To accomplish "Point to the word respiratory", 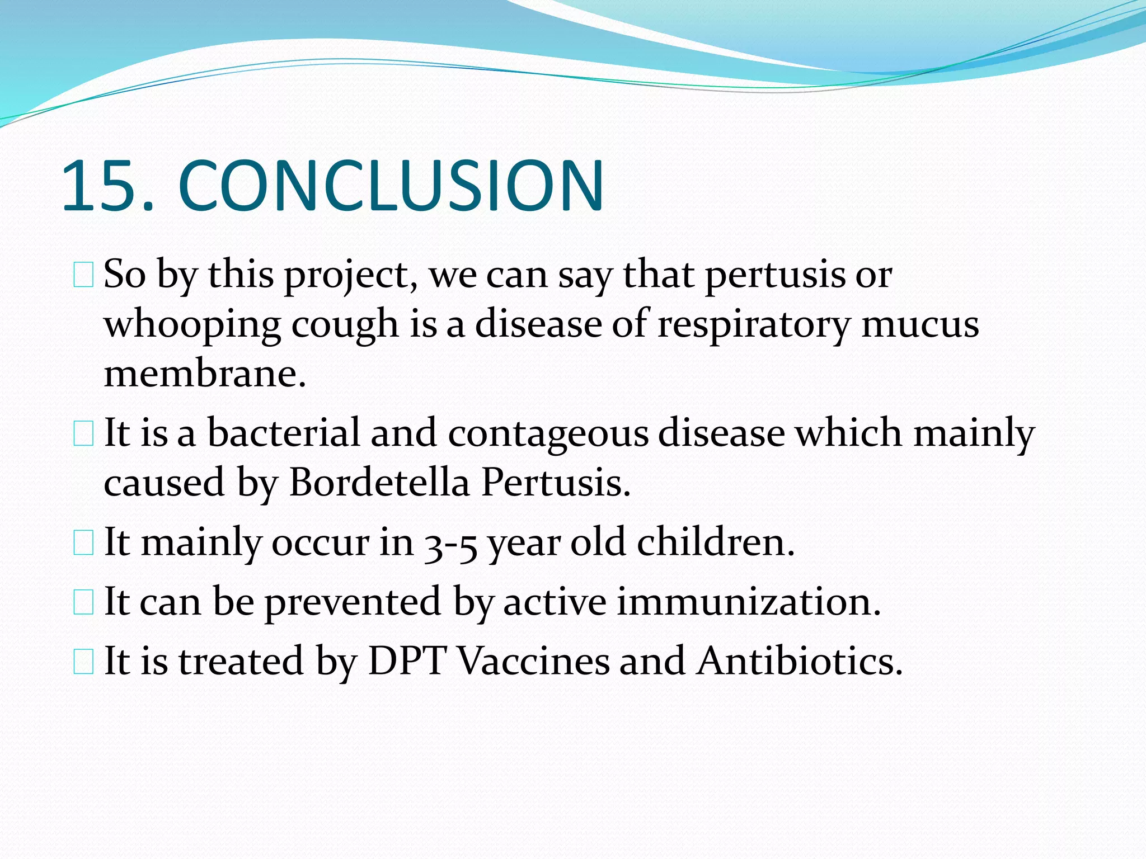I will pos(753,325).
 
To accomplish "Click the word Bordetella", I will pos(379,483).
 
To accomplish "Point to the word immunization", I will pos(748,602).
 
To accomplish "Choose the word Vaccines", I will pos(533,662).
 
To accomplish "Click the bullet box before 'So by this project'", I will pos(83,276).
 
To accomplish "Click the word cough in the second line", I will pos(345,325).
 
